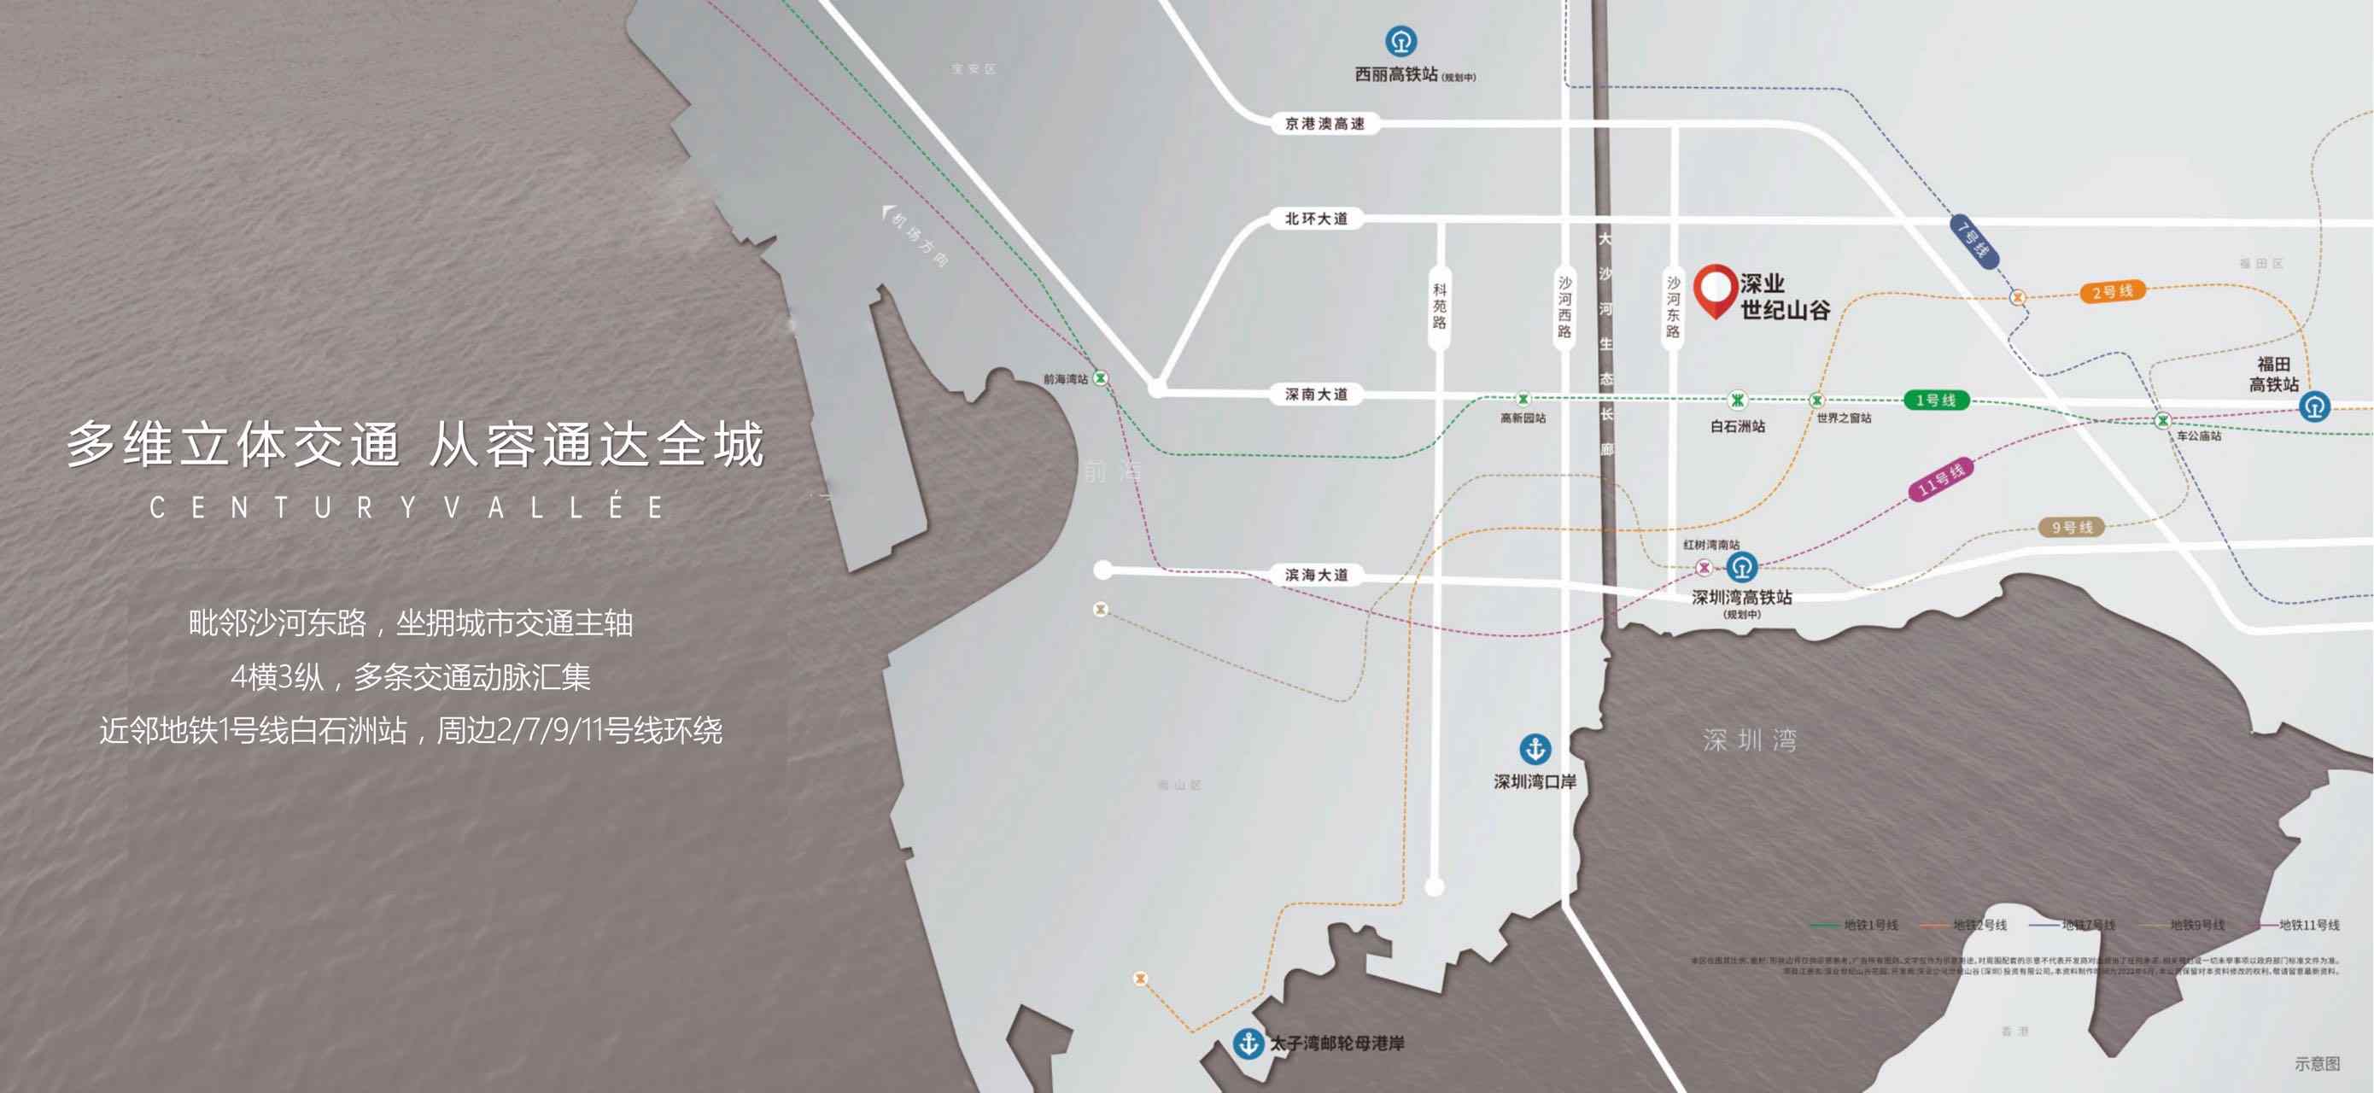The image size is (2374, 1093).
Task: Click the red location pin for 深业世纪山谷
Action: click(x=1714, y=289)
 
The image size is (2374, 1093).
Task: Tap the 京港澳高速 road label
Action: click(x=1324, y=124)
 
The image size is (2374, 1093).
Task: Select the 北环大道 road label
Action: click(x=1316, y=219)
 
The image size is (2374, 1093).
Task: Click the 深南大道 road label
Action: click(x=1316, y=395)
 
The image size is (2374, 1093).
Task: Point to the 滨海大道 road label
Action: click(x=1316, y=575)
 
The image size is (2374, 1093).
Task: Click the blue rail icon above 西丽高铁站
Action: click(x=1400, y=42)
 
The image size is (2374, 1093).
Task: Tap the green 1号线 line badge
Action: click(x=1935, y=400)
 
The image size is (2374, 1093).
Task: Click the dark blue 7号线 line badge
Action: click(x=1973, y=242)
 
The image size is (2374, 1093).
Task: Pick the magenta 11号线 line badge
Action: click(x=1941, y=478)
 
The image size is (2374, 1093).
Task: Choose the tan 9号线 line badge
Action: click(x=2072, y=527)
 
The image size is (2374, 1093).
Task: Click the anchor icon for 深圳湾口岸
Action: click(x=1535, y=749)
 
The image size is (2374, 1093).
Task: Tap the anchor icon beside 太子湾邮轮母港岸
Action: click(x=1248, y=1043)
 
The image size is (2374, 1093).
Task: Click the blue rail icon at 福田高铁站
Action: click(x=2314, y=406)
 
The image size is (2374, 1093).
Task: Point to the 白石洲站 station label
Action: click(x=1737, y=427)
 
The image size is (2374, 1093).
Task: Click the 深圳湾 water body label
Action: click(x=1749, y=740)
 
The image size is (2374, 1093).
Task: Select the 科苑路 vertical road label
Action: click(x=1439, y=306)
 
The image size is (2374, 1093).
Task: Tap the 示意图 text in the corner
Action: click(x=2317, y=1063)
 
